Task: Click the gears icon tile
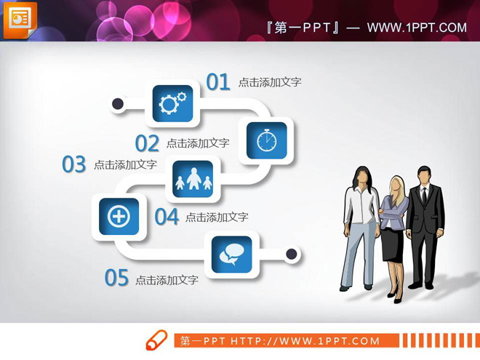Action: [172, 104]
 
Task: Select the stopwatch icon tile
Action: [266, 140]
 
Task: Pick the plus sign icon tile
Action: [119, 216]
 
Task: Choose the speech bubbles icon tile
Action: [231, 254]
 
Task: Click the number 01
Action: [217, 82]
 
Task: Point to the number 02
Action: [147, 143]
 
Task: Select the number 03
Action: [73, 165]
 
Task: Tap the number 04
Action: [167, 217]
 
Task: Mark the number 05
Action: [116, 278]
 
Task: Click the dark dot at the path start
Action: [118, 104]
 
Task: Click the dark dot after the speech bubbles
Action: [292, 254]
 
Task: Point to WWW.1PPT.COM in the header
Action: [417, 28]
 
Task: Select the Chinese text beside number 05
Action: [167, 280]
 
